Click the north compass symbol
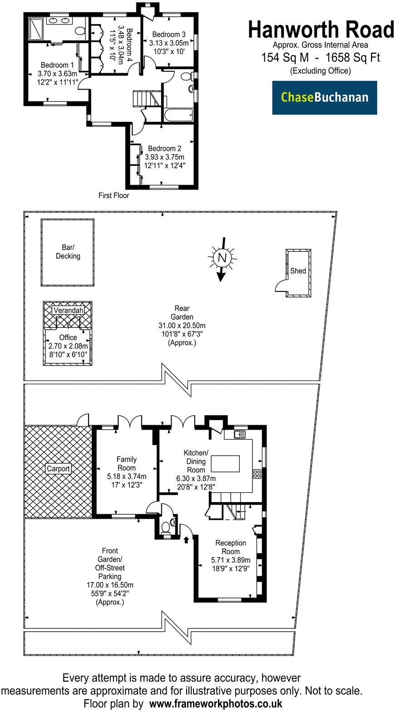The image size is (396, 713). pyautogui.click(x=222, y=258)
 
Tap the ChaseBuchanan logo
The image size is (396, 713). pyautogui.click(x=324, y=97)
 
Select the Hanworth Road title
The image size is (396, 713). pyautogui.click(x=321, y=30)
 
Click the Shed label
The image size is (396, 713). pyautogui.click(x=298, y=271)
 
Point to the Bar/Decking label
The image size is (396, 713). pyautogui.click(x=68, y=252)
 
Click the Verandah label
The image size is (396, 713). pyautogui.click(x=68, y=310)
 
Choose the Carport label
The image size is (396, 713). pyautogui.click(x=58, y=468)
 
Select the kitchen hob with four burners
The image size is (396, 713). pyautogui.click(x=257, y=474)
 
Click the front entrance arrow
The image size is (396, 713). pyautogui.click(x=186, y=540)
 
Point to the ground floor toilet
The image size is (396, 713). pyautogui.click(x=167, y=528)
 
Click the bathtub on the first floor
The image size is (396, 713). pyautogui.click(x=178, y=115)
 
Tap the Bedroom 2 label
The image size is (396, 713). pyautogui.click(x=164, y=149)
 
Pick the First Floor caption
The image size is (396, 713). pyautogui.click(x=114, y=196)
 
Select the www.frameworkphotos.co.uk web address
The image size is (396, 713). pyautogui.click(x=216, y=703)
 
